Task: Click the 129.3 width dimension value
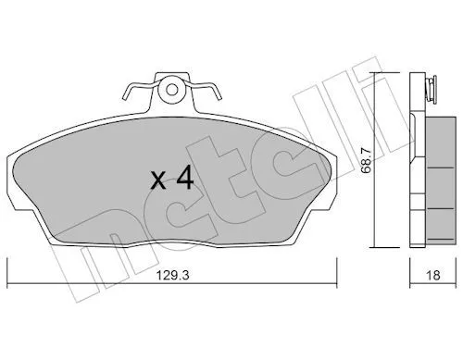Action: (172, 275)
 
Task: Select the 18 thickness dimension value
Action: (432, 275)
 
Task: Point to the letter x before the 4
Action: (158, 181)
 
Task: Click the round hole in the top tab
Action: (171, 90)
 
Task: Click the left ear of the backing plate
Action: (13, 182)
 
